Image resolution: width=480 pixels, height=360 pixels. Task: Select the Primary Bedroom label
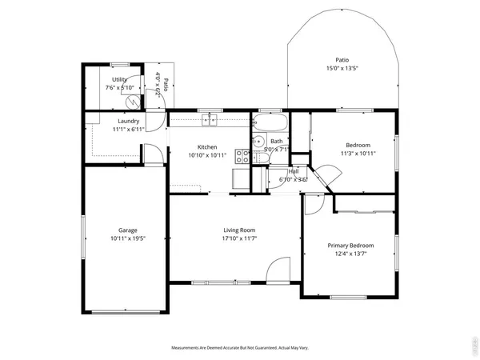[350, 245]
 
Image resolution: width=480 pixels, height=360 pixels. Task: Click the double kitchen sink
[210, 121]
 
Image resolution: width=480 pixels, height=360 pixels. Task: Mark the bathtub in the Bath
[270, 123]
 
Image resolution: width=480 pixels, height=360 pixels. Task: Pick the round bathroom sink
[258, 143]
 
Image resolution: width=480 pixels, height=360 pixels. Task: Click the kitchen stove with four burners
[242, 178]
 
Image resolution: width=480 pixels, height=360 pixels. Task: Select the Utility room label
[120, 80]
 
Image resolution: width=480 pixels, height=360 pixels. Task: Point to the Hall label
[294, 171]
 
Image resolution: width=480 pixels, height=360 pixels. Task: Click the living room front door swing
[277, 270]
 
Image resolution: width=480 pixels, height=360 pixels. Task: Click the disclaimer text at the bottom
[239, 348]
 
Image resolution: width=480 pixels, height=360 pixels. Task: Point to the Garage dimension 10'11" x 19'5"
[127, 238]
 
